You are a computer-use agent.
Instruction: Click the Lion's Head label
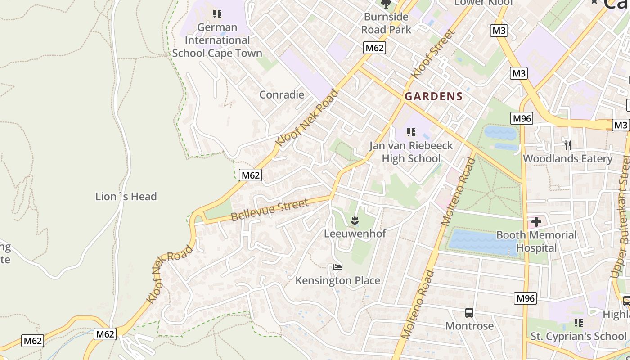pos(126,197)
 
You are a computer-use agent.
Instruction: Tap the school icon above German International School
pos(217,14)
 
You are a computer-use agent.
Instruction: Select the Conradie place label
pos(282,95)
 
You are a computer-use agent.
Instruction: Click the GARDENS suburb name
pos(433,96)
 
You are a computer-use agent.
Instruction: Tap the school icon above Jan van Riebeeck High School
pos(411,132)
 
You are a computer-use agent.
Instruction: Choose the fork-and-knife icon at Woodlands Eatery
pos(567,145)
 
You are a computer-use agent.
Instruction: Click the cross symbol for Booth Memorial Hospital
pos(536,222)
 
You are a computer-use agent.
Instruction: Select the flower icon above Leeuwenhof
pos(355,220)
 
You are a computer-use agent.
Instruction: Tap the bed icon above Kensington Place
pos(337,267)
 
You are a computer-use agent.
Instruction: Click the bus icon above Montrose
pos(469,312)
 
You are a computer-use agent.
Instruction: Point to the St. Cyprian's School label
pos(578,336)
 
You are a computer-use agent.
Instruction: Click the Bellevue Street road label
pos(270,210)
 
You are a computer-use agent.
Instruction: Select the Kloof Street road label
pos(433,54)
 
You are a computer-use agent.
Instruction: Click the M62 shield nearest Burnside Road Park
pos(375,48)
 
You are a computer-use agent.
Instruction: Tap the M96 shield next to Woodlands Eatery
pos(522,118)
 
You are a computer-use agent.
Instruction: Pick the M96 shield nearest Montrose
pos(525,298)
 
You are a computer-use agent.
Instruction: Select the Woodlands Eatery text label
pos(567,159)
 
